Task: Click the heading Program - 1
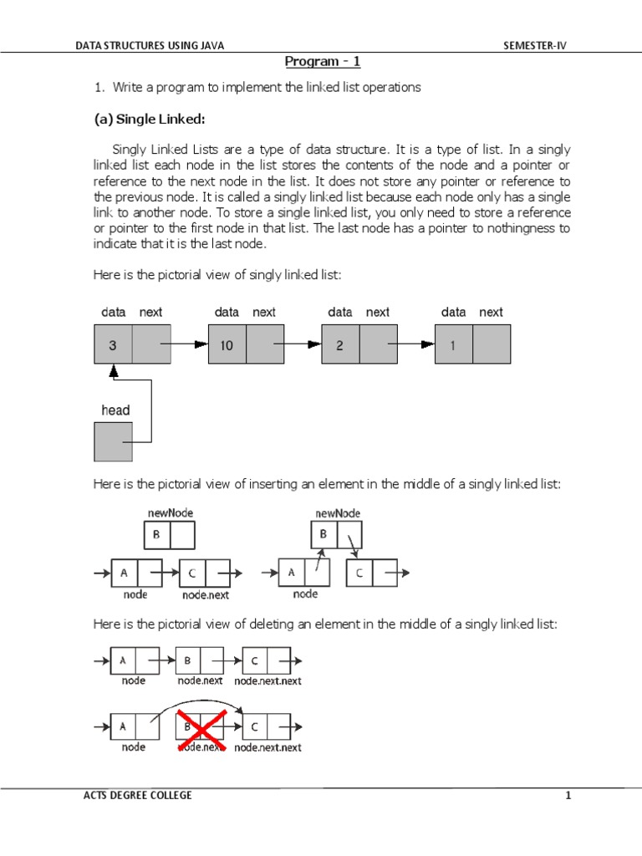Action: click(323, 62)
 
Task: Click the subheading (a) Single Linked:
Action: click(150, 119)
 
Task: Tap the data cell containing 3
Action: click(113, 344)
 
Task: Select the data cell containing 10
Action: click(227, 344)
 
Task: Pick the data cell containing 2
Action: click(340, 344)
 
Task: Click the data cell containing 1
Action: click(453, 344)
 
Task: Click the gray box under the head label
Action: click(113, 441)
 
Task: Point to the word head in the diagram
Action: click(115, 410)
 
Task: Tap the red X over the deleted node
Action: click(199, 727)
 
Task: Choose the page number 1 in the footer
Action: click(568, 796)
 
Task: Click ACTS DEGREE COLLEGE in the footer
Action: click(133, 796)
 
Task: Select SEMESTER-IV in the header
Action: click(534, 46)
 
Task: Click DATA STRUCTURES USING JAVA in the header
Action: click(150, 46)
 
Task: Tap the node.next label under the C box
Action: click(205, 595)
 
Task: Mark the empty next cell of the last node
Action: click(492, 344)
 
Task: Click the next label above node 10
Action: click(264, 312)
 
